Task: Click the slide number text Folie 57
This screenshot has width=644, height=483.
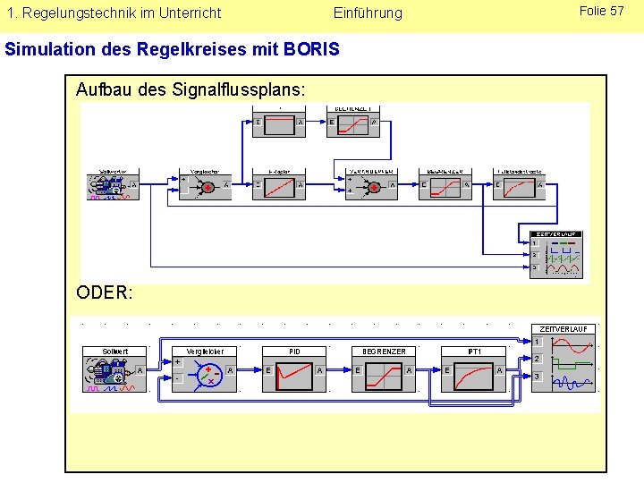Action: click(601, 11)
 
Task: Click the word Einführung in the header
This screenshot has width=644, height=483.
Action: click(368, 13)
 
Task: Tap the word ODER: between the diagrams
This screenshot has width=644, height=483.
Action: click(105, 292)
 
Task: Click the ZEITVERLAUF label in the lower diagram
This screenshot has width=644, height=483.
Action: click(563, 328)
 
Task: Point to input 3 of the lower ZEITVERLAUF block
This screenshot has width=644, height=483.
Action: click(538, 377)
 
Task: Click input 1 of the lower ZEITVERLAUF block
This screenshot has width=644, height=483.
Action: click(538, 342)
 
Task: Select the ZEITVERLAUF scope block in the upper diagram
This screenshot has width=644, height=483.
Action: click(556, 255)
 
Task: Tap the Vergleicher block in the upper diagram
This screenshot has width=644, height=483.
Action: click(206, 186)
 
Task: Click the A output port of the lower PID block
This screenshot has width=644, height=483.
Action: click(319, 369)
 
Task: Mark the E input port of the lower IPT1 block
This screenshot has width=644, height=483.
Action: click(447, 369)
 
